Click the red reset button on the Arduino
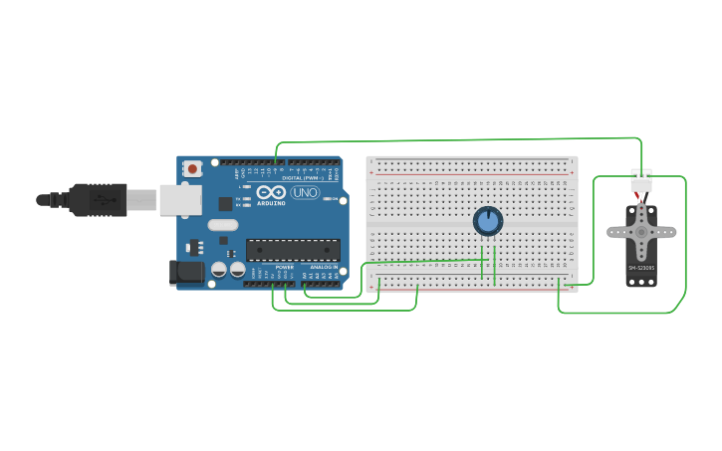tap(191, 168)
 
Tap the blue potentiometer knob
tap(487, 221)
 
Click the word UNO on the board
tap(305, 191)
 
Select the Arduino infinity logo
tap(271, 191)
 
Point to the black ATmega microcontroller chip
tap(293, 250)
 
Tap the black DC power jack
tap(185, 271)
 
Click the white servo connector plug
tap(641, 182)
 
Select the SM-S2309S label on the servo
tap(640, 268)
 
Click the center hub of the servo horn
tap(640, 231)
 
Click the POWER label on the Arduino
tap(284, 267)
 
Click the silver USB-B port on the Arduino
tap(179, 199)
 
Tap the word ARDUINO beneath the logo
tap(271, 202)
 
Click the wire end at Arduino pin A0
tap(306, 285)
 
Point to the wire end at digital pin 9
tap(276, 161)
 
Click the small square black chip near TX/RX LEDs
tap(225, 203)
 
